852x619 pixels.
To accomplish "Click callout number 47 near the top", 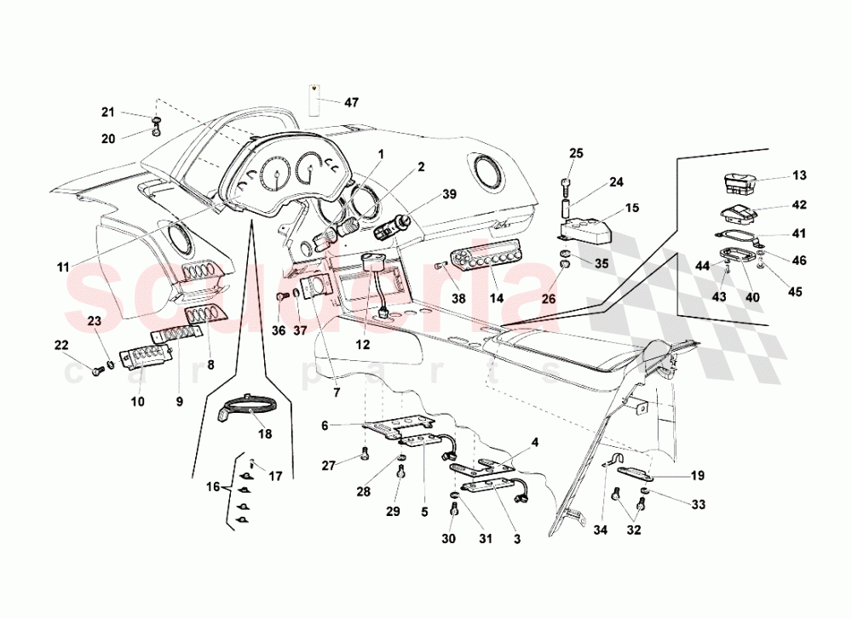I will click(x=351, y=102).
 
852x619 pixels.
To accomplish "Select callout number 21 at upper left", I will click(x=107, y=112).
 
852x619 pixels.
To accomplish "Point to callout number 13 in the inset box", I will click(x=798, y=176).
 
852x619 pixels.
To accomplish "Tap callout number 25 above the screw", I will click(x=576, y=153).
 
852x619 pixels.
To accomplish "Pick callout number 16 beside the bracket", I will click(x=212, y=487).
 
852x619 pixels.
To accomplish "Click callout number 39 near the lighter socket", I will click(x=448, y=194).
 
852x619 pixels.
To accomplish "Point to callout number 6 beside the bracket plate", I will click(x=325, y=425).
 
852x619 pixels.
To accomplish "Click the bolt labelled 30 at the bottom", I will click(x=453, y=509).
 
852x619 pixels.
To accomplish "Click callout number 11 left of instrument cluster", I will click(x=63, y=267).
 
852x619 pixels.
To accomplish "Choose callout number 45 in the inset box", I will click(x=794, y=292).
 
